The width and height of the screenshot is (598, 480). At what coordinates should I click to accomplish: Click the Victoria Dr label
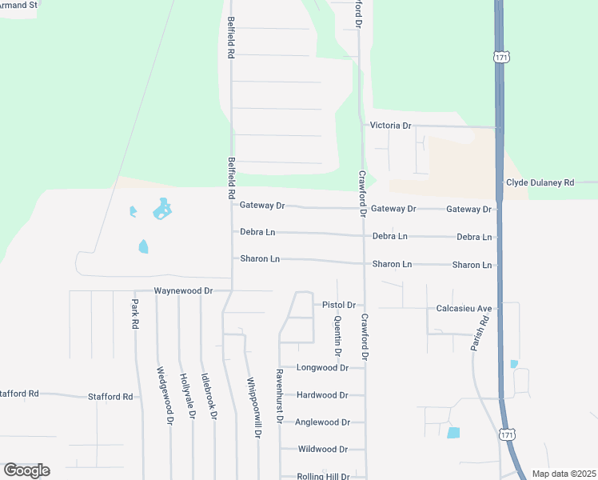[390, 126]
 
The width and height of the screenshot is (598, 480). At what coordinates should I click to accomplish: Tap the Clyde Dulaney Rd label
[540, 182]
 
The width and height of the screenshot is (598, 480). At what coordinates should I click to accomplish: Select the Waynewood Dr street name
[183, 291]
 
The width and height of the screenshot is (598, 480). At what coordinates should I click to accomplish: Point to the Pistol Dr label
[338, 305]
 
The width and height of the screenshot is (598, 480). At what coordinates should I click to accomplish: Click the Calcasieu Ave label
[464, 308]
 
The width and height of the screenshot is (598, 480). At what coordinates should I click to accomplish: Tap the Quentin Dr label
[337, 335]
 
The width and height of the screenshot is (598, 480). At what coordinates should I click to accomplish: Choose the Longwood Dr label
[322, 368]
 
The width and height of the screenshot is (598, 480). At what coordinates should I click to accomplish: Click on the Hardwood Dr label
[322, 395]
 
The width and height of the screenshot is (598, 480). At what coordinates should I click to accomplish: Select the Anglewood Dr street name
[322, 422]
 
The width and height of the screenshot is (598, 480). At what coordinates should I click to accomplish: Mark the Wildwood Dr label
[322, 450]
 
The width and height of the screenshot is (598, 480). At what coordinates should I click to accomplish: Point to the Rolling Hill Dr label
[323, 477]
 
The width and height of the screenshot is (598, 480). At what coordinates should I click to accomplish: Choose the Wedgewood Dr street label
[165, 395]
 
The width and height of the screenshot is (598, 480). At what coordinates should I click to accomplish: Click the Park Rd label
[135, 314]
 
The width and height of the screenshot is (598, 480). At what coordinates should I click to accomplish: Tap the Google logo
[26, 470]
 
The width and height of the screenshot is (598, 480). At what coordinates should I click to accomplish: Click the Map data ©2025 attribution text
[563, 474]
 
